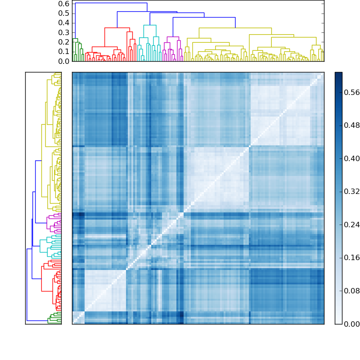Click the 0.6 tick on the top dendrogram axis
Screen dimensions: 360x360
coord(64,4)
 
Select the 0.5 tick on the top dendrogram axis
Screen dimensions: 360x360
coord(64,13)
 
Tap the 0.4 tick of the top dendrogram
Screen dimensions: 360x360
coord(64,23)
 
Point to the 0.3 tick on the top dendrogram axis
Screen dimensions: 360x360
coord(64,32)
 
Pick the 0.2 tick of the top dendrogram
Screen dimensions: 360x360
coord(64,42)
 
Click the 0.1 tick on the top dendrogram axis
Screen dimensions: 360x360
coord(64,52)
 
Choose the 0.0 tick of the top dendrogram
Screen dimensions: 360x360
coord(64,61)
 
